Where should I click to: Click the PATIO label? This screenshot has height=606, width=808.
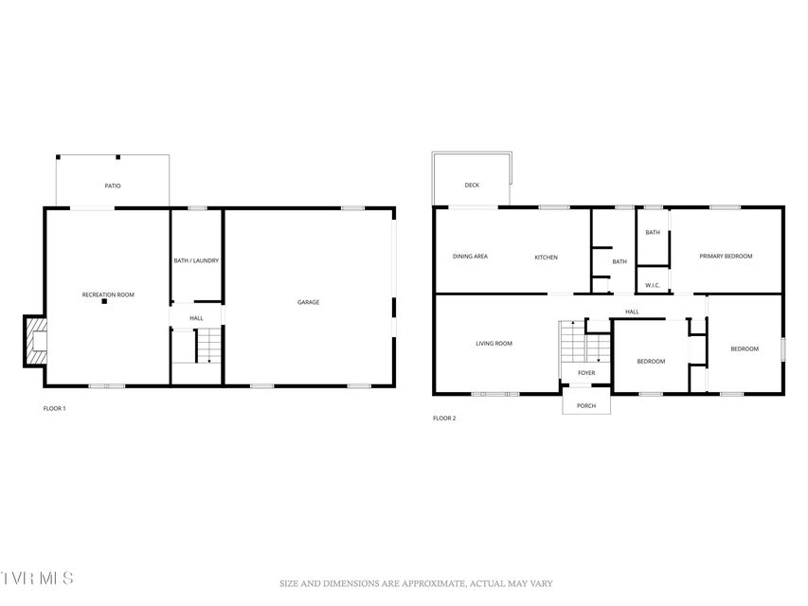(x=113, y=186)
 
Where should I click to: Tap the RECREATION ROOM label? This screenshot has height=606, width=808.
(x=108, y=294)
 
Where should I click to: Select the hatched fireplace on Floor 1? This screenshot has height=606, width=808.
(x=35, y=341)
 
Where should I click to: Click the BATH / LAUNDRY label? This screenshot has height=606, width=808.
(x=196, y=260)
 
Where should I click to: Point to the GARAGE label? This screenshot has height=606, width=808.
(x=308, y=302)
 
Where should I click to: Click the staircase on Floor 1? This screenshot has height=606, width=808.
(x=209, y=346)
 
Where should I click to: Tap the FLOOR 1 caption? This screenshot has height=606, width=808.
(x=55, y=409)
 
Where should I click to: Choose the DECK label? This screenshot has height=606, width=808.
(x=472, y=185)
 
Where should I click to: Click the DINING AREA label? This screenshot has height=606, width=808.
(x=470, y=256)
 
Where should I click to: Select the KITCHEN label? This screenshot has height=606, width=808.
(x=547, y=258)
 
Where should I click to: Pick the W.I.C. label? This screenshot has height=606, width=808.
(x=653, y=285)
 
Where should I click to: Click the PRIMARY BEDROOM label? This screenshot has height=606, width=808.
(x=726, y=256)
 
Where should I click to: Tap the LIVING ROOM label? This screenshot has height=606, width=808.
(x=494, y=343)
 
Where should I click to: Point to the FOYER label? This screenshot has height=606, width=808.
(x=586, y=372)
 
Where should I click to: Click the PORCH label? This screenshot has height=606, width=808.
(x=586, y=406)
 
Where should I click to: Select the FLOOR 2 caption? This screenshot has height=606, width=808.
(x=444, y=419)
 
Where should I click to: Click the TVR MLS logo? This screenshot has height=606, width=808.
(x=37, y=578)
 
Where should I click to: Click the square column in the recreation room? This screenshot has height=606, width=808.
(x=104, y=301)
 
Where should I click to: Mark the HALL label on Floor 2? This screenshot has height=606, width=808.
(x=632, y=312)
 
